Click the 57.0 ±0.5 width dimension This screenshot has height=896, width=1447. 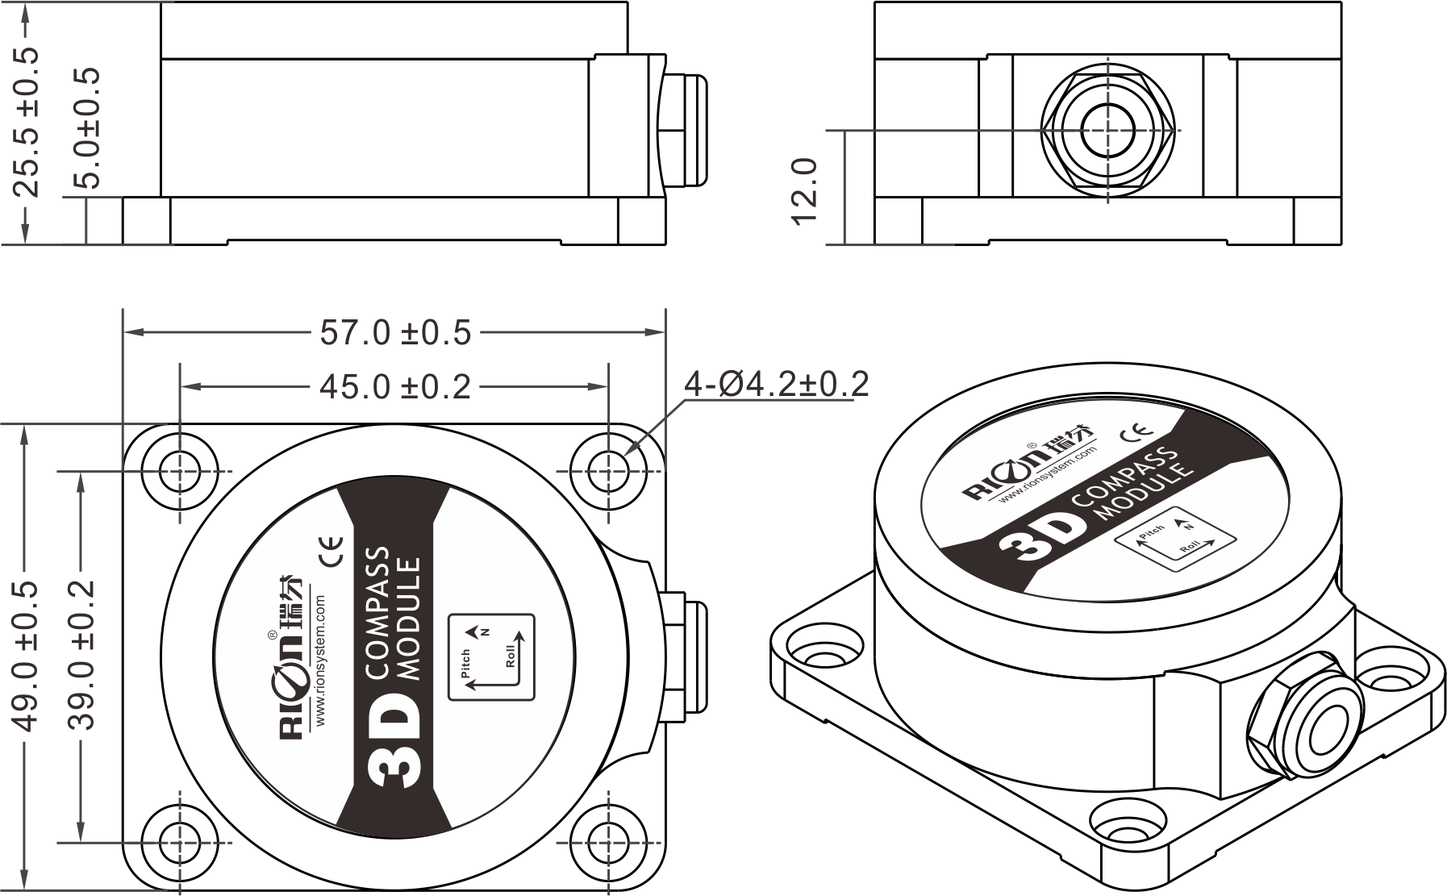pyautogui.click(x=395, y=332)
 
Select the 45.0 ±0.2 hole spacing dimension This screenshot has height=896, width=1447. pyautogui.click(x=395, y=388)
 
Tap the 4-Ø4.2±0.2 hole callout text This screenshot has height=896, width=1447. pyautogui.click(x=776, y=385)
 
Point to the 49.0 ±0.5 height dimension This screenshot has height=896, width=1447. pyautogui.click(x=26, y=656)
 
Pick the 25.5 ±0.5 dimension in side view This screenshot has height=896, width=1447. pyautogui.click(x=26, y=121)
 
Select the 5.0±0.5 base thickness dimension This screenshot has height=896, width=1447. pyautogui.click(x=86, y=128)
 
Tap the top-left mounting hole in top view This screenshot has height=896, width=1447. pyautogui.click(x=180, y=471)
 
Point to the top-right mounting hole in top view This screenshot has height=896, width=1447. pyautogui.click(x=608, y=471)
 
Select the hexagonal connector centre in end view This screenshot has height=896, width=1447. pyautogui.click(x=1108, y=131)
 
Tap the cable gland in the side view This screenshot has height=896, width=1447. pyautogui.click(x=683, y=130)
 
